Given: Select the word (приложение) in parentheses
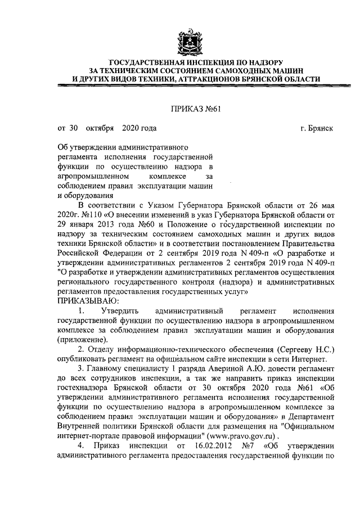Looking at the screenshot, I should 81,340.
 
